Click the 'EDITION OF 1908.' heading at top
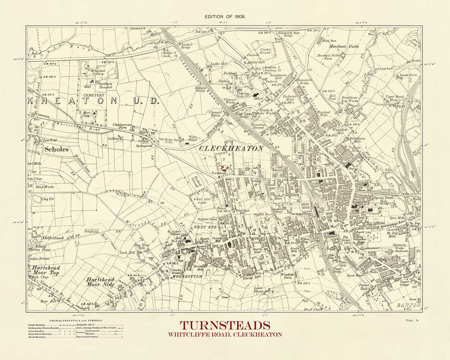(x=224, y=16)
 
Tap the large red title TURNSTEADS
(x=224, y=325)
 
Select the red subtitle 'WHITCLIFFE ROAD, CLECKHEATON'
(x=224, y=334)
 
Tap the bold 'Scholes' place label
(x=56, y=148)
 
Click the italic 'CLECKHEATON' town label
(x=231, y=148)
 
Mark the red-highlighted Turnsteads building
(x=224, y=169)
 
